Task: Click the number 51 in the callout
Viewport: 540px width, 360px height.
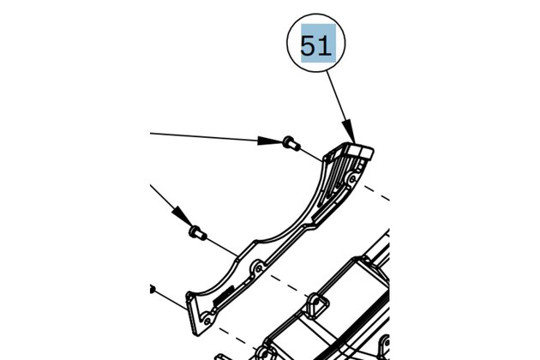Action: [315, 45]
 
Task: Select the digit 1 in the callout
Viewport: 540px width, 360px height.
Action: [324, 45]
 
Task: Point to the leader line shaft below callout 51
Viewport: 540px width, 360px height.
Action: [339, 103]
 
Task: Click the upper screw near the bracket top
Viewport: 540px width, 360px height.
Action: [289, 143]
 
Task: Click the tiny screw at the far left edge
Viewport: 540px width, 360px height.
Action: [151, 289]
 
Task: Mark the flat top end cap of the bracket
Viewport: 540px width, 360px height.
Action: [364, 152]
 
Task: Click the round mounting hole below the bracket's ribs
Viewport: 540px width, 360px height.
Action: [351, 181]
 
